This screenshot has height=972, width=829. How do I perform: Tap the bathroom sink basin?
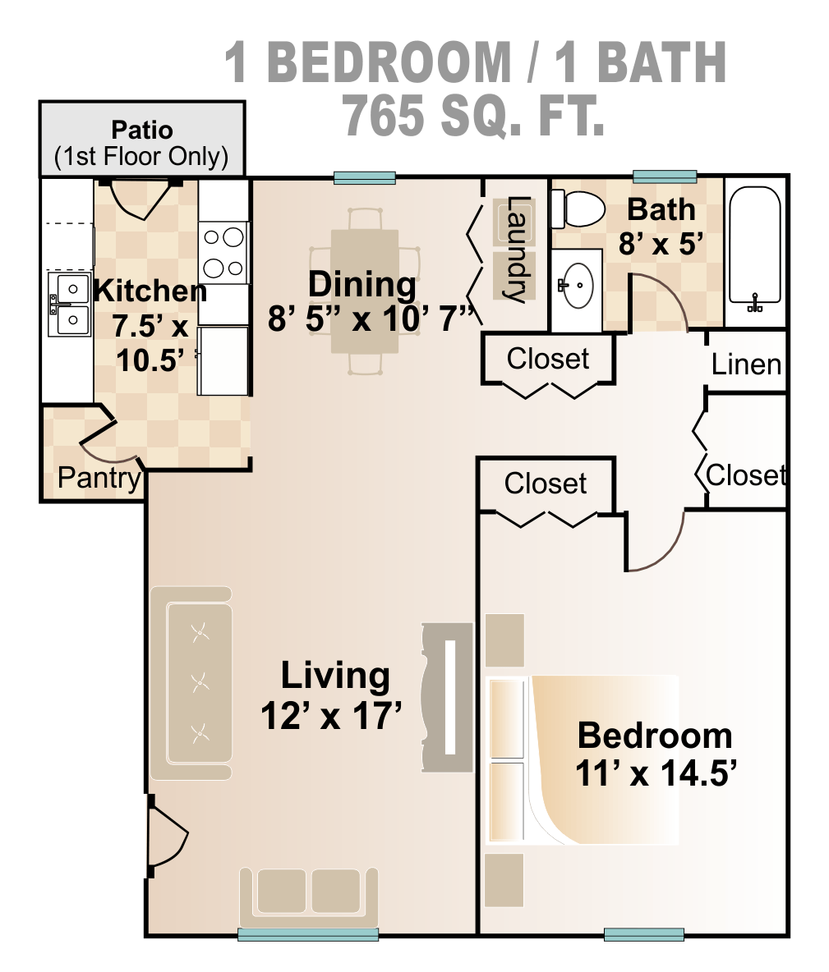pos(578,285)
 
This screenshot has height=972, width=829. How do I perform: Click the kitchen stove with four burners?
pos(223,253)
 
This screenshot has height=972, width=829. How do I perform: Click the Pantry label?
pos(99,478)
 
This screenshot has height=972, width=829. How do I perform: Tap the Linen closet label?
pos(746,364)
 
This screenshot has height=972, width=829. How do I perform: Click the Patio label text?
pos(142,130)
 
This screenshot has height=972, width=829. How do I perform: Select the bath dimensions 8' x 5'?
pos(661,244)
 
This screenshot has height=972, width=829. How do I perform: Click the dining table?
pos(364,291)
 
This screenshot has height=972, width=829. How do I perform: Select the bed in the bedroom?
pos(583,760)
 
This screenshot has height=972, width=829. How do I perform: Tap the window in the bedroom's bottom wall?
pos(644,934)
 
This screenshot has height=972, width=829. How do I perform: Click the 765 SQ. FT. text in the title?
pos(474,115)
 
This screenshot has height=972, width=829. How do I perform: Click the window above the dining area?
pos(365,177)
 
